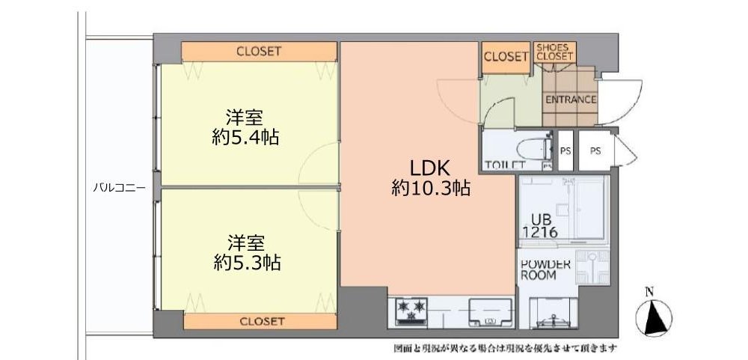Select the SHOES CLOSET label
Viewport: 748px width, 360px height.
554,52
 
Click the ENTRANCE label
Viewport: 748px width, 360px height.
571,100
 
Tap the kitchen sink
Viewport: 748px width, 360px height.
491,312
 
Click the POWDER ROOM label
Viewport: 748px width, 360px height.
545,269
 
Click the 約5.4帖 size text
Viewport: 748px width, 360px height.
245,138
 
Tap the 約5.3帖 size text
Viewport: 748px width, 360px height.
246,262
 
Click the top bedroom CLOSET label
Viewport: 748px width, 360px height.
259,51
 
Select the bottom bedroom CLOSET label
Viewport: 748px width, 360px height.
262,321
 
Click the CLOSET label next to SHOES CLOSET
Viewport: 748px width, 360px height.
506,57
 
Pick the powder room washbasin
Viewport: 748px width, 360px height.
592,267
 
